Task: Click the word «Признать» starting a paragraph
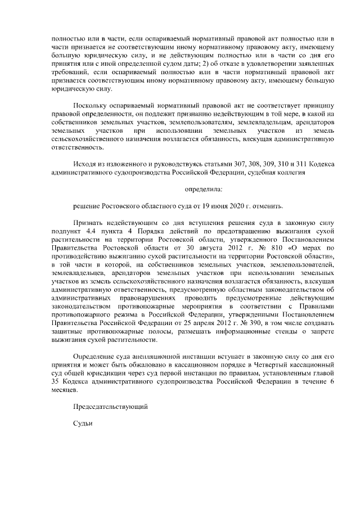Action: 88,223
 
